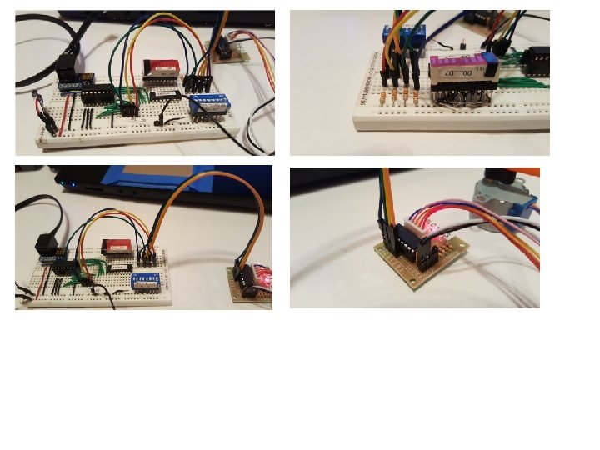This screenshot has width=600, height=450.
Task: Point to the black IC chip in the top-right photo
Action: tap(535, 56)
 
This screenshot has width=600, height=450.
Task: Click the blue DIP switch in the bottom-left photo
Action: tap(147, 277)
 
